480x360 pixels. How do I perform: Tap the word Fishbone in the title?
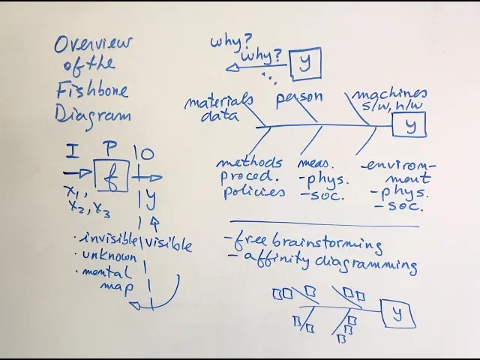[92, 91]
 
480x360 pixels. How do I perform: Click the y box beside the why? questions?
[304, 63]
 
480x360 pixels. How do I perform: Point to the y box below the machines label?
[409, 125]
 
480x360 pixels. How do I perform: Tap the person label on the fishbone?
[298, 97]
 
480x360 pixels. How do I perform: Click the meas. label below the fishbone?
[315, 162]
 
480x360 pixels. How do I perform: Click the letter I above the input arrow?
[71, 154]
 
